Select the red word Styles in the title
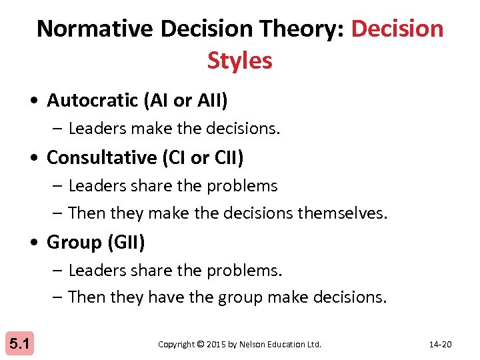coord(239,61)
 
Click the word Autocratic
coord(92,101)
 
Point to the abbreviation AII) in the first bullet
coord(213,101)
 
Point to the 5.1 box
coord(19,344)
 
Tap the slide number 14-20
coord(440,345)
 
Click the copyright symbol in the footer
coord(201,345)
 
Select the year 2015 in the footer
coord(217,345)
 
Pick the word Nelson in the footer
coord(254,345)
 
